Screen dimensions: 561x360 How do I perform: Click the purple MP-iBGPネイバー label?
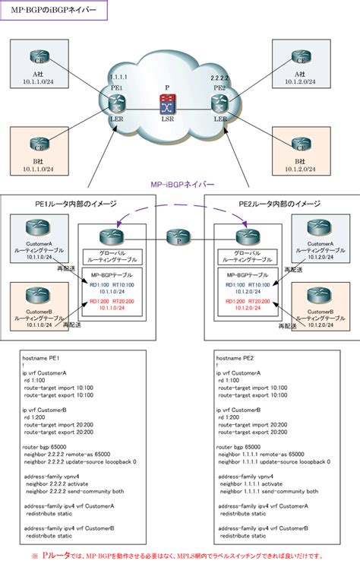[x=179, y=185]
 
